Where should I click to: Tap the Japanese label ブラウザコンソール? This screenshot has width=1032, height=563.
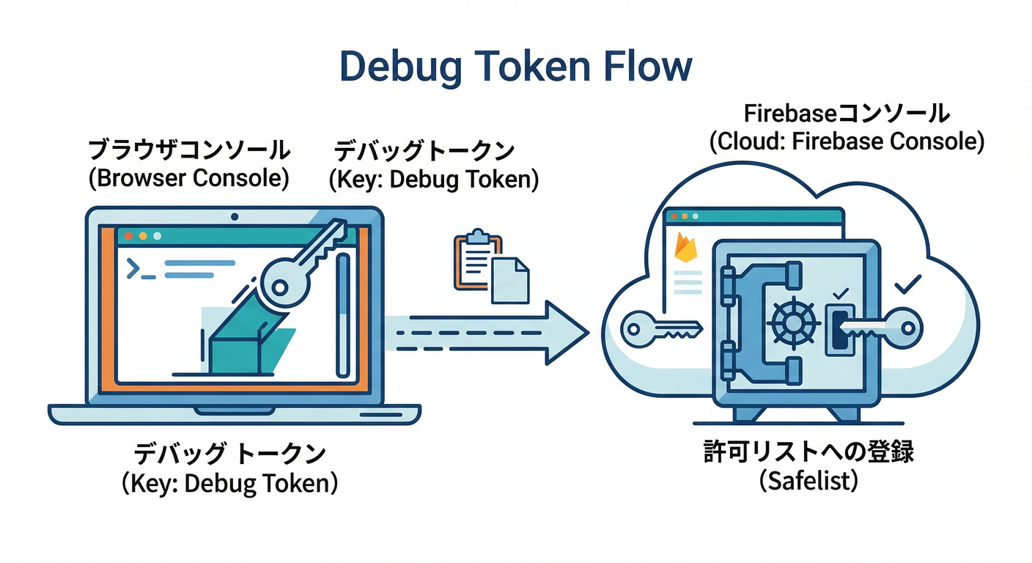point(189,150)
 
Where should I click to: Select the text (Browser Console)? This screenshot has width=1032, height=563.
point(189,178)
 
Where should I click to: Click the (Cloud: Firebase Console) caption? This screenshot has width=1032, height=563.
point(847,141)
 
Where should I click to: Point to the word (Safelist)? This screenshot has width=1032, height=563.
point(808,482)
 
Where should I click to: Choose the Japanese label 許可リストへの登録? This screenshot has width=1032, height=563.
point(808,453)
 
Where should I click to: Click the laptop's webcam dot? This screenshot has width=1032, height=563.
point(235,217)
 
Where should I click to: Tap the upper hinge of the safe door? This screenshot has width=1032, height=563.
point(727,281)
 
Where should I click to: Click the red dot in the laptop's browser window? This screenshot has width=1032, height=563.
point(128,237)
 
